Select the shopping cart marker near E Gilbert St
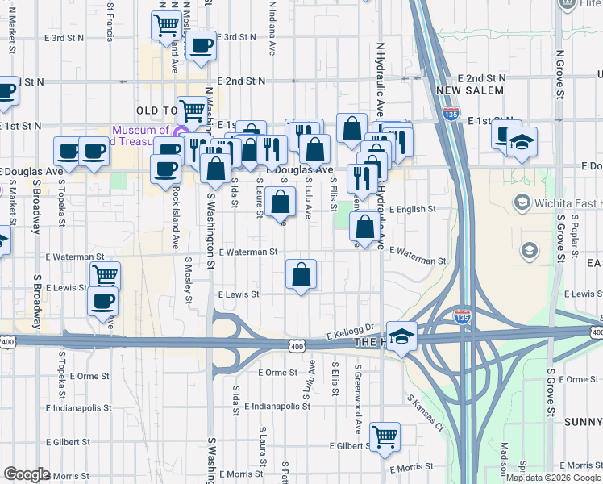point(385,436)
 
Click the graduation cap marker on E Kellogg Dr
point(401,336)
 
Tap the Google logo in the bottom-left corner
point(27,474)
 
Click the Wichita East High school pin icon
point(522,201)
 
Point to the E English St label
point(412,209)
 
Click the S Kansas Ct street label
point(425,411)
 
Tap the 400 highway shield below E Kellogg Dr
point(297,344)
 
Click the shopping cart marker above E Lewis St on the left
point(105,274)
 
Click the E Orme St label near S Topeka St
point(89,376)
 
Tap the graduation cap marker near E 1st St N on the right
point(522,142)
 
